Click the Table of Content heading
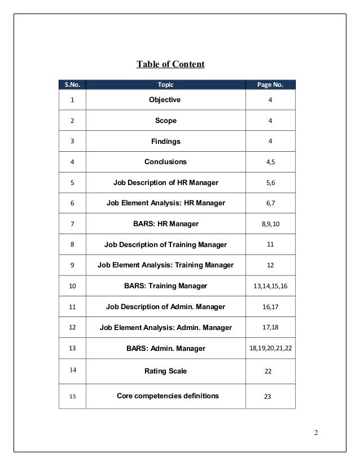[x=170, y=64]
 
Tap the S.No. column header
[x=72, y=85]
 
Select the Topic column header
[x=165, y=85]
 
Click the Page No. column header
[x=270, y=85]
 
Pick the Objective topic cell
[x=165, y=100]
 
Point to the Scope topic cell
[x=166, y=120]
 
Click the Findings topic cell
[x=165, y=141]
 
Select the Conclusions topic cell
[x=165, y=162]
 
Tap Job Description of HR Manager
[x=165, y=182]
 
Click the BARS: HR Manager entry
[x=165, y=224]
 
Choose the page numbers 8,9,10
[x=270, y=224]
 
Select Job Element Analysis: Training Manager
[x=165, y=265]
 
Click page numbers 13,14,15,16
[x=270, y=286]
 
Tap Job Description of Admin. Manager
[x=165, y=307]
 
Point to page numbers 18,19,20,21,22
[x=270, y=349]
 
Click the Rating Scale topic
[x=165, y=371]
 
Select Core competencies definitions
[x=168, y=395]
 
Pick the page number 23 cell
[x=267, y=396]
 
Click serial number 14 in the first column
[x=72, y=371]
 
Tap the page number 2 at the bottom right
[x=316, y=433]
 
